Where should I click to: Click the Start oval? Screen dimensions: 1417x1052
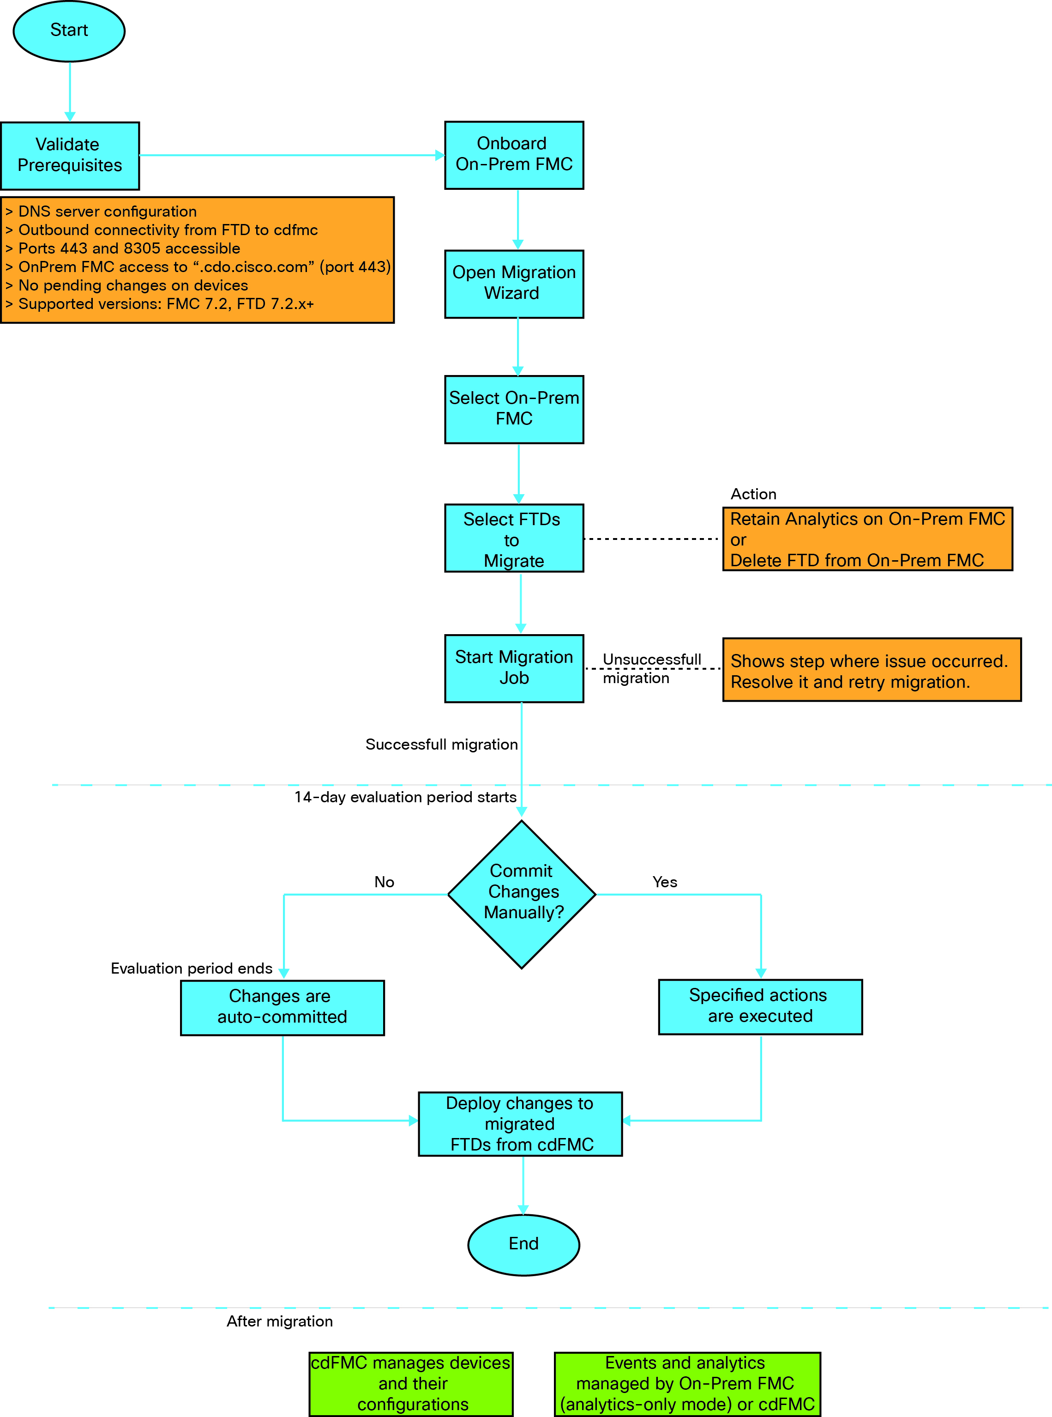69,30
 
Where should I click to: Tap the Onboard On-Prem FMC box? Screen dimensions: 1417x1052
514,155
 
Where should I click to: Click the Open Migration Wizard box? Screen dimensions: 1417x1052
514,284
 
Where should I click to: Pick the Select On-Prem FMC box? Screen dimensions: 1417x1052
514,409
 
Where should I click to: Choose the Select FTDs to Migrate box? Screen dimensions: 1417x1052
514,539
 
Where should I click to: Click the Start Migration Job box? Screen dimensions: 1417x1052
514,668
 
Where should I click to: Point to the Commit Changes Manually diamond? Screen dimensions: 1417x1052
522,893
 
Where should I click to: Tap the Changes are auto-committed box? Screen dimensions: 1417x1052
282,1007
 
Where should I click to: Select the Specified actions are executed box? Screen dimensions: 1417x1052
760,1006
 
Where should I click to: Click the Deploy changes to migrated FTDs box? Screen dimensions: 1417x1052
520,1124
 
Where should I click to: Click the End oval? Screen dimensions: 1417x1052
523,1244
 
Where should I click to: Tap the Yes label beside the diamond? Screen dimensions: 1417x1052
664,882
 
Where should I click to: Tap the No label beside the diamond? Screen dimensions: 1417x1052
384,882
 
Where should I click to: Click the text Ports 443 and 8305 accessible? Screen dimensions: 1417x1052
129,248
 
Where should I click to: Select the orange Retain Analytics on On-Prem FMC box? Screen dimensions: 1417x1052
867,539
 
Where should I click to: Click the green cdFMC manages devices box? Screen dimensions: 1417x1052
411,1383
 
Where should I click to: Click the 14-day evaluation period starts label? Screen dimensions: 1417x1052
405,797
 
